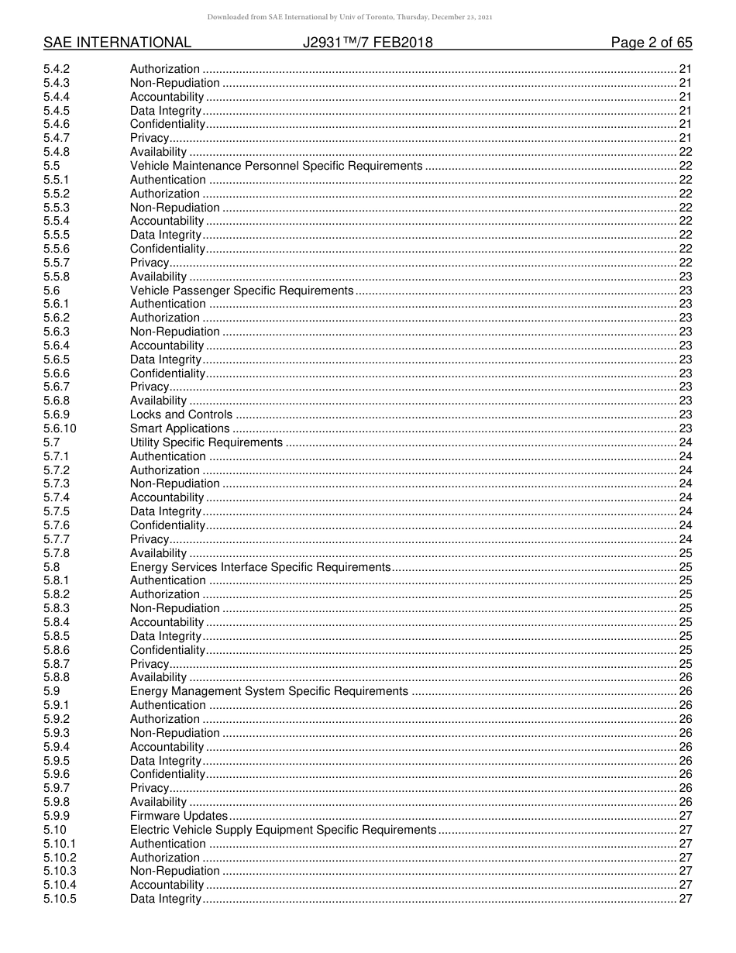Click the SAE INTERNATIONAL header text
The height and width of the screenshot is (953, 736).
tap(117, 43)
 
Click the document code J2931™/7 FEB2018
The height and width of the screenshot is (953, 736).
tap(368, 43)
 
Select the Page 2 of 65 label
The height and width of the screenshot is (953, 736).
tap(652, 43)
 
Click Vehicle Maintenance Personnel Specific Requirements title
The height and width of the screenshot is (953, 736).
tap(276, 166)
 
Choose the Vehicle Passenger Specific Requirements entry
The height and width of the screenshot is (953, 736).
tap(242, 291)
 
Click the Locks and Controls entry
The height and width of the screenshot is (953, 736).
tap(181, 415)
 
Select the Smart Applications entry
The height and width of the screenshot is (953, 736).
tap(180, 428)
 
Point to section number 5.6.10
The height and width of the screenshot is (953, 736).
tap(60, 428)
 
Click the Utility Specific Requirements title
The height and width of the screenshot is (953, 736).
tap(206, 442)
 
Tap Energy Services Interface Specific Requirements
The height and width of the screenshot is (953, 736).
tap(260, 567)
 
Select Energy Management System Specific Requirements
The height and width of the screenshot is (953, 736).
tap(269, 691)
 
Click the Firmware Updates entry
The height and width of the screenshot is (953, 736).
tap(179, 816)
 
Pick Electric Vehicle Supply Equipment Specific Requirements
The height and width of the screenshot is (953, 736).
tap(283, 830)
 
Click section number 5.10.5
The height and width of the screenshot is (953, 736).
tap(60, 899)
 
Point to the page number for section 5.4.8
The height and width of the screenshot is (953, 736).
tap(685, 152)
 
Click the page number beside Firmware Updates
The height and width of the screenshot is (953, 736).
tap(685, 816)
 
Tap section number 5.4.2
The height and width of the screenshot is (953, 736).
tap(57, 69)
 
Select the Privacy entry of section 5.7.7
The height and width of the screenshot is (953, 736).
tap(150, 539)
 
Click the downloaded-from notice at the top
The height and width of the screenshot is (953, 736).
tap(367, 17)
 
